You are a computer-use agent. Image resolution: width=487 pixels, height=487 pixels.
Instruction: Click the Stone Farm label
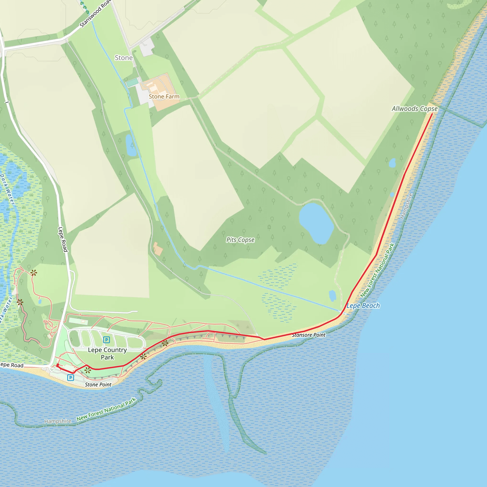pos(164,97)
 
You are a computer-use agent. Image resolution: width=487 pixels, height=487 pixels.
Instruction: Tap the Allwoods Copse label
pos(414,109)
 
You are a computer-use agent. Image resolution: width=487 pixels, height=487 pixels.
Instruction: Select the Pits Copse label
pos(240,240)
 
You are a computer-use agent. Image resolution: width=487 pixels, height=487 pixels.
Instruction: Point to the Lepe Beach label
pos(363,306)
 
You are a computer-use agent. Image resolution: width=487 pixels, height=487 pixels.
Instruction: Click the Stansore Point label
pos(308,335)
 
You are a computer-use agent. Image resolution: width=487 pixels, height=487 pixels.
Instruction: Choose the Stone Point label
pos(98,385)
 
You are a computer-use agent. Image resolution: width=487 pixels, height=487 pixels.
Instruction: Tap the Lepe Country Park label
pos(107,353)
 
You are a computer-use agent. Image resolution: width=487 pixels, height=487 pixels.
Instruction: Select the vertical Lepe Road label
pos(63,239)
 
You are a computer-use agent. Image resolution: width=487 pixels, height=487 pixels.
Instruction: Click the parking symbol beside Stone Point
pos(71,378)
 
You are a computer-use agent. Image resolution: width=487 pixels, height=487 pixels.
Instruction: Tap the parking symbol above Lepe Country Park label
pos(106,340)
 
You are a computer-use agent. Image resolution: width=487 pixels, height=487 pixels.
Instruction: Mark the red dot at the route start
pos(58,365)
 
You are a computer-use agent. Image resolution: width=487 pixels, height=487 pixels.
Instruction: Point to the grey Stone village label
pos(123,58)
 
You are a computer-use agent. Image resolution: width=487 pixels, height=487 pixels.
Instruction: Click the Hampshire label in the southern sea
pos(58,421)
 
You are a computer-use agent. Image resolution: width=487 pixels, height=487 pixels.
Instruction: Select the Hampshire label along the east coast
pos(406,206)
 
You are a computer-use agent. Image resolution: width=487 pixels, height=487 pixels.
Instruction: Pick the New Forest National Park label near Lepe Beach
pos(377,270)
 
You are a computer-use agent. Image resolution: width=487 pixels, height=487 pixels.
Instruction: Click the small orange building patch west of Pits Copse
pos(158,249)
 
